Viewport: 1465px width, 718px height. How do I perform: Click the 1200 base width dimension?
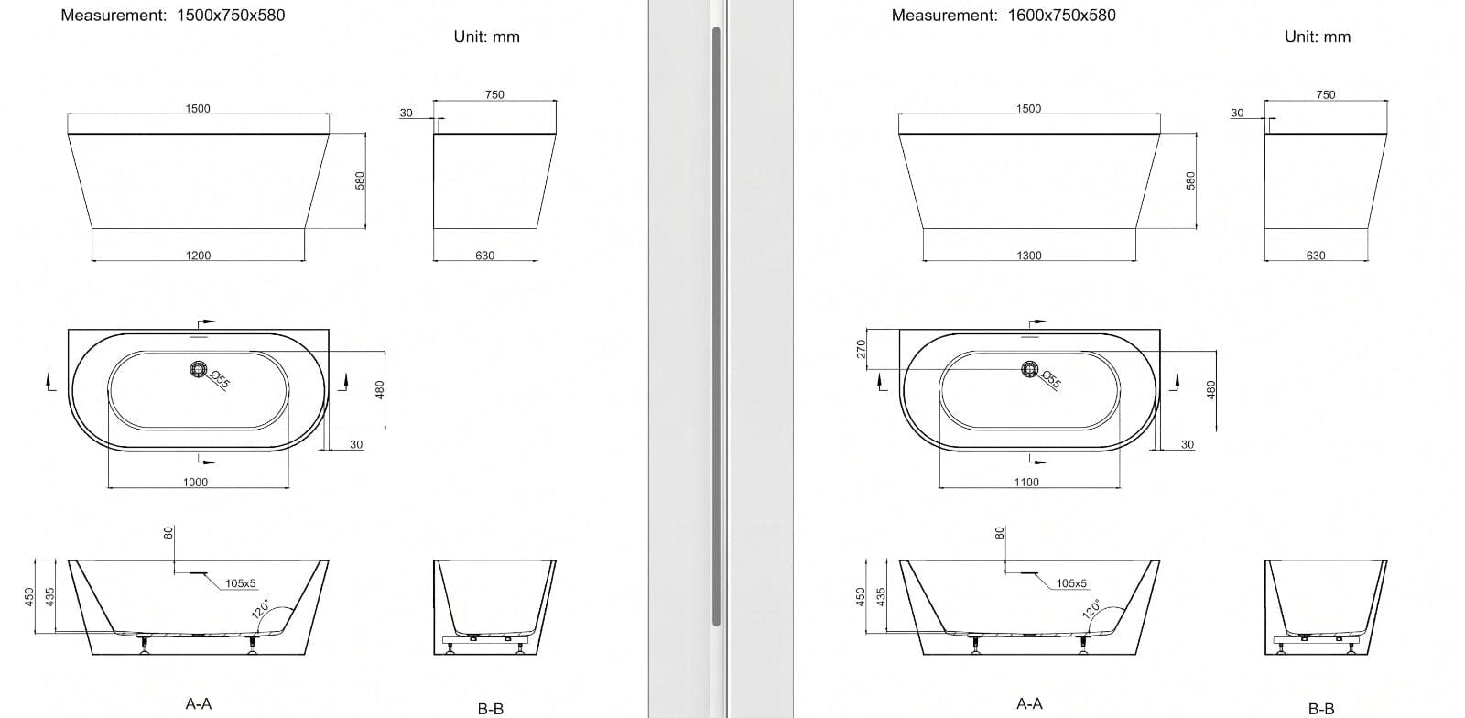tap(198, 256)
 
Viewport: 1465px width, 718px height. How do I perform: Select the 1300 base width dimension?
tap(1029, 256)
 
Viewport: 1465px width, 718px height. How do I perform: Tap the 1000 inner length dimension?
tap(196, 483)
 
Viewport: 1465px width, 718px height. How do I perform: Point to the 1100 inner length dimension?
tap(1026, 483)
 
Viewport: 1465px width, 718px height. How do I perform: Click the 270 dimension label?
tap(862, 349)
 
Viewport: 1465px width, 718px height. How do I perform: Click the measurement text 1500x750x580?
tap(231, 16)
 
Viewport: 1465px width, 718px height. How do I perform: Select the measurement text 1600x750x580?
tap(1061, 16)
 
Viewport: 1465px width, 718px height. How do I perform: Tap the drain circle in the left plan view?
tap(198, 369)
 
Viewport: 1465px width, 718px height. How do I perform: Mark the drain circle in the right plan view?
tap(1029, 369)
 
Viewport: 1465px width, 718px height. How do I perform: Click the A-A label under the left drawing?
tap(198, 703)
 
